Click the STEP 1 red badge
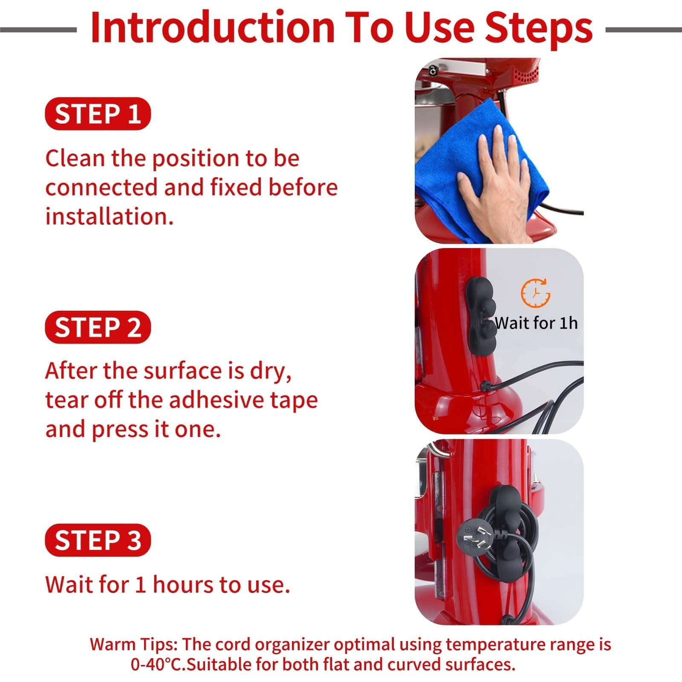(98, 114)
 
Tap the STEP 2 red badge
(98, 327)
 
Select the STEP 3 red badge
(98, 540)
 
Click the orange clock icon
(536, 293)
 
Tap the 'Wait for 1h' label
(536, 323)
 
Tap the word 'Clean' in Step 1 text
(75, 158)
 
